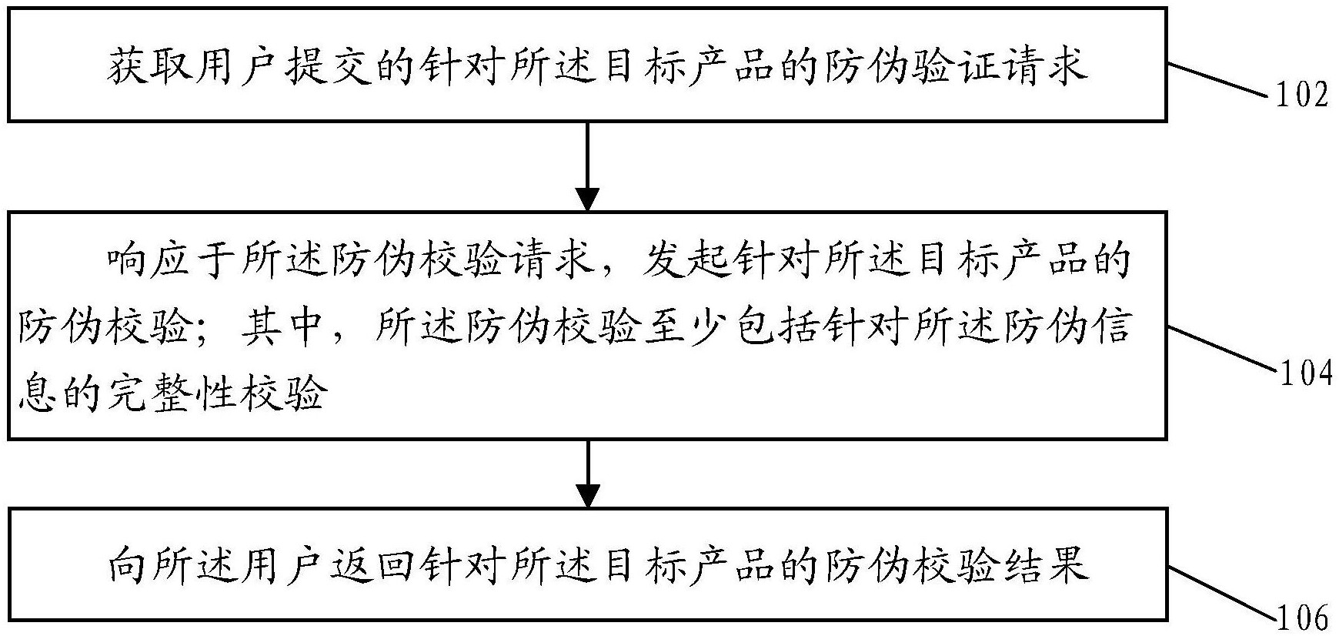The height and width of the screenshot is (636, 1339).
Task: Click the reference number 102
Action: [1302, 96]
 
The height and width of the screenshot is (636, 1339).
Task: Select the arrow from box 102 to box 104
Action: [587, 166]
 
